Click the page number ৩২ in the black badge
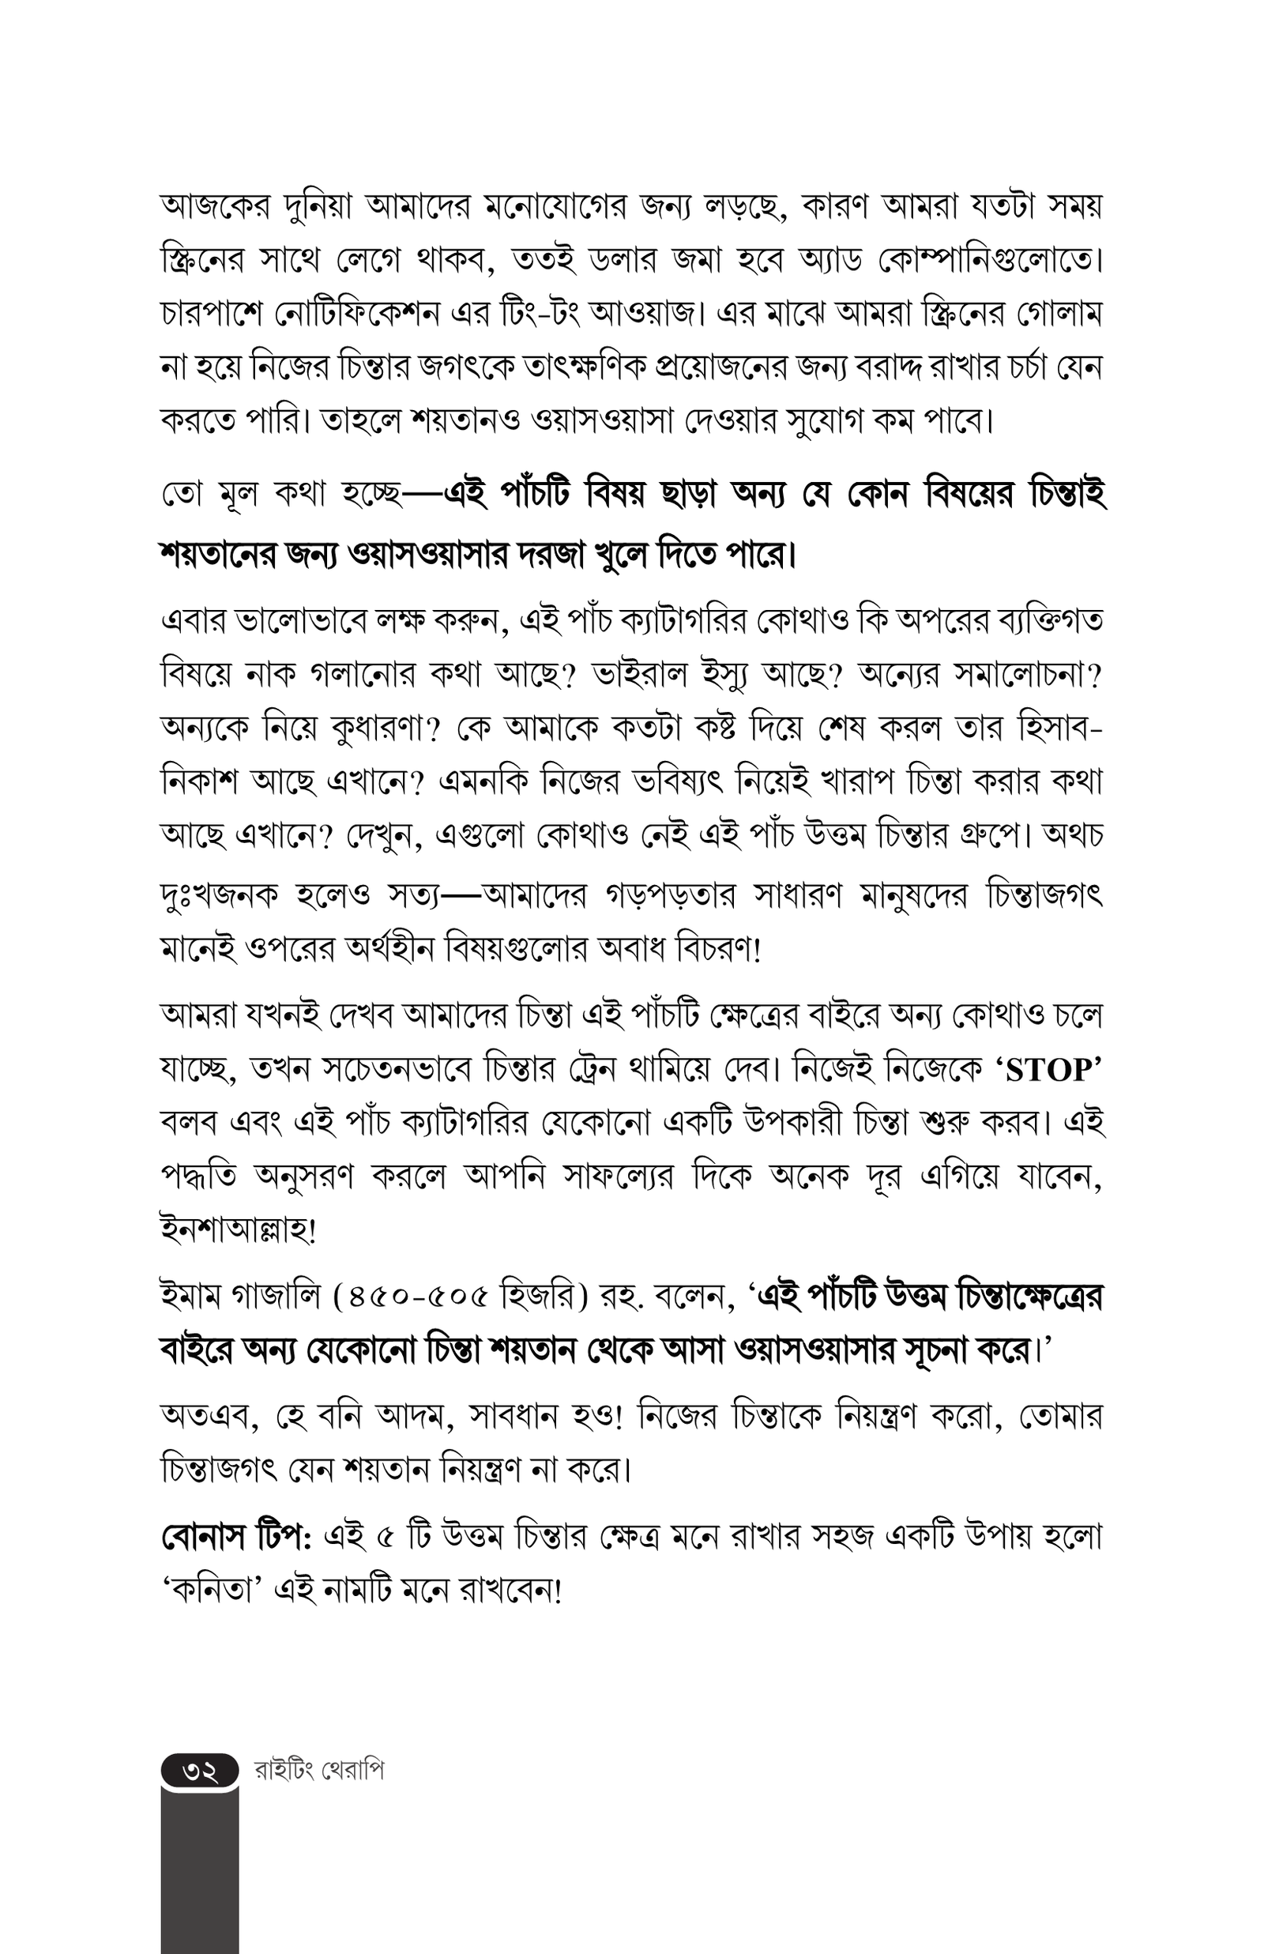coord(199,1771)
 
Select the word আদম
coord(413,1417)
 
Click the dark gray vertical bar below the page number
coord(199,1871)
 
